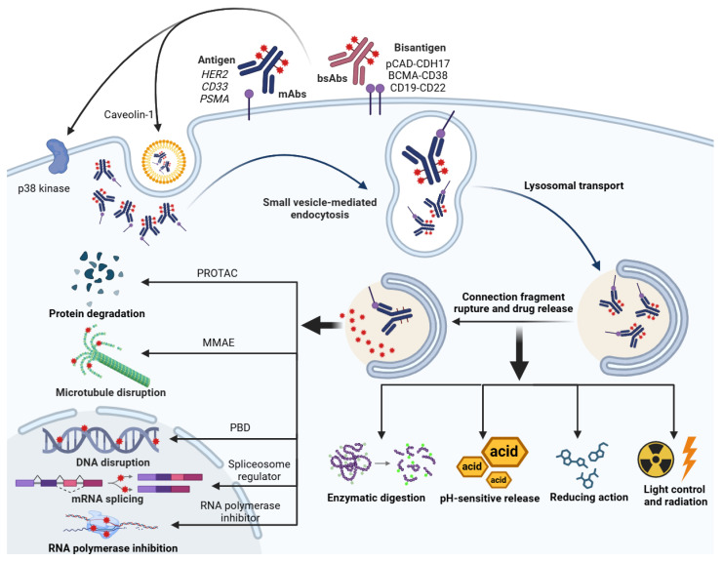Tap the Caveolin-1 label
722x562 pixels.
pos(129,114)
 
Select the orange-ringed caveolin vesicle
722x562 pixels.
pos(164,162)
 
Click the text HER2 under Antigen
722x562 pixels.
pos(215,74)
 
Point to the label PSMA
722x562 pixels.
pos(215,99)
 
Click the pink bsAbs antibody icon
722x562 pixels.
pos(353,60)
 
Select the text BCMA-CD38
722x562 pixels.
pos(418,75)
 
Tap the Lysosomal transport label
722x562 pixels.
pos(574,185)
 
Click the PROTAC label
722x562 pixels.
pos(218,273)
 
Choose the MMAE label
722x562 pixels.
pos(219,342)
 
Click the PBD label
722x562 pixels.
pos(240,427)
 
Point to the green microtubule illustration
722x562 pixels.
pos(110,355)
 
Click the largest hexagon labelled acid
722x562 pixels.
pos(504,452)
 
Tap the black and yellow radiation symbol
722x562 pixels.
pos(657,460)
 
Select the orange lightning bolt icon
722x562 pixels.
pos(689,458)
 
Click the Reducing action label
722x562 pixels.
pos(589,497)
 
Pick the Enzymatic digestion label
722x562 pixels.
pos(377,498)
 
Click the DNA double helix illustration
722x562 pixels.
pos(101,440)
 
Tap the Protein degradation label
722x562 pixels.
pos(97,313)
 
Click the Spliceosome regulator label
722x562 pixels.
pos(260,470)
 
